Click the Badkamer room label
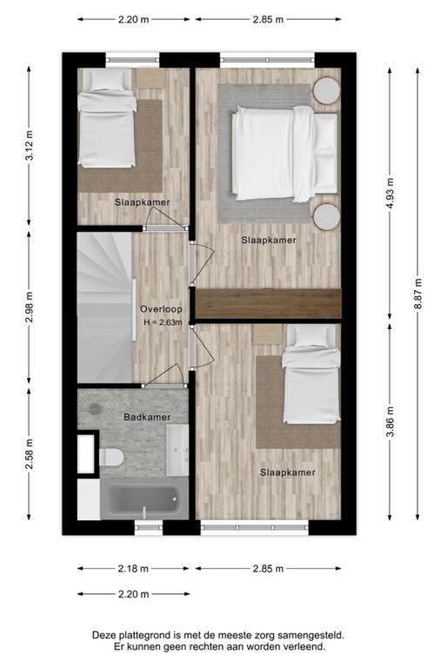click(x=147, y=417)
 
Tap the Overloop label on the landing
click(x=161, y=309)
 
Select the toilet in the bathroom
click(x=111, y=458)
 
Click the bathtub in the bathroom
click(x=144, y=499)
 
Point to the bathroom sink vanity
click(x=177, y=450)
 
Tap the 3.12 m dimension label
click(x=30, y=146)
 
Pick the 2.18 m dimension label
click(x=133, y=568)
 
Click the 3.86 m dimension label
click(x=390, y=421)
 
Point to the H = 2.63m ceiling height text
click(x=163, y=322)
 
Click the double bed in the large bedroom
click(x=284, y=154)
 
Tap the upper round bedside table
click(x=327, y=90)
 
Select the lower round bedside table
click(x=327, y=216)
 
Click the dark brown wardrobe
click(x=269, y=303)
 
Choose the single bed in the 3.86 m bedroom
click(x=311, y=374)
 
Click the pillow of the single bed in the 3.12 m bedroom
click(x=106, y=80)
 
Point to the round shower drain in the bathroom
click(x=95, y=409)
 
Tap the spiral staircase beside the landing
click(x=104, y=307)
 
